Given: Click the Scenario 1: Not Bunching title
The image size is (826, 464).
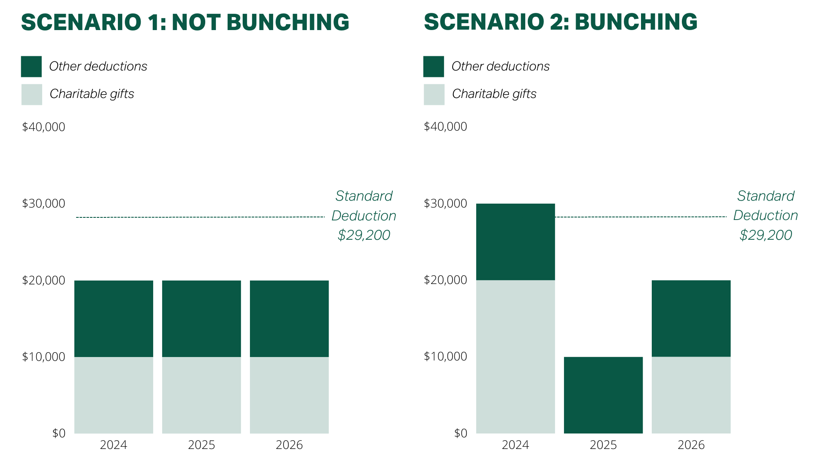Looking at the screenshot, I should (185, 22).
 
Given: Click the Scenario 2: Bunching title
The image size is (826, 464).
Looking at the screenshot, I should (560, 22).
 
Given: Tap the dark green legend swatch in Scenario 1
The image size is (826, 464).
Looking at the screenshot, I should (31, 67).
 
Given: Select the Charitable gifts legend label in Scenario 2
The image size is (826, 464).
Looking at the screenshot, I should (494, 94).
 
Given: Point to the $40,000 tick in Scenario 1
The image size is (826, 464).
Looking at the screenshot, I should (43, 127).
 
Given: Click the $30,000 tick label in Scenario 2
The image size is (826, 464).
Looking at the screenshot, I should (445, 203).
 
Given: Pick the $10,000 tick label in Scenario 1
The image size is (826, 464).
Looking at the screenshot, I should (43, 357).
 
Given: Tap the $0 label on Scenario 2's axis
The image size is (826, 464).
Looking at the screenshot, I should (460, 433).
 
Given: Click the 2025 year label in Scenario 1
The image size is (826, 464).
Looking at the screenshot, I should (201, 445).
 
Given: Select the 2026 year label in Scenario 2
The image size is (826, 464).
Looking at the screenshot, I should (691, 445).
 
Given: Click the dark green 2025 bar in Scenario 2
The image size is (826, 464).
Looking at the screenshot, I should (603, 395).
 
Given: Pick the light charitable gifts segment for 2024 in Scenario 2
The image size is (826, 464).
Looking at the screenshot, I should (515, 357).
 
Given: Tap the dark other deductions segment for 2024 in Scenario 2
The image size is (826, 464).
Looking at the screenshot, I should (515, 242).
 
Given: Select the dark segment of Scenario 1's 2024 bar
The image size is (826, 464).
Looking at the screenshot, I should (114, 318).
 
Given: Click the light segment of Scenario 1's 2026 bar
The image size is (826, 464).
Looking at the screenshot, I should (289, 395).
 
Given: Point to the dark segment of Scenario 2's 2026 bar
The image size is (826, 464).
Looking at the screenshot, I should (691, 318).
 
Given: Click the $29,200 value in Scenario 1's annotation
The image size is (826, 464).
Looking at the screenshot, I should (364, 235).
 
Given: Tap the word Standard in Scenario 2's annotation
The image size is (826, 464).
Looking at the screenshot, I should (765, 196).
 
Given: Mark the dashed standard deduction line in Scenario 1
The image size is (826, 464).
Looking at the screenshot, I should (200, 217).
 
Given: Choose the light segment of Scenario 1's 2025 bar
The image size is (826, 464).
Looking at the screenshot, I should (201, 395).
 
